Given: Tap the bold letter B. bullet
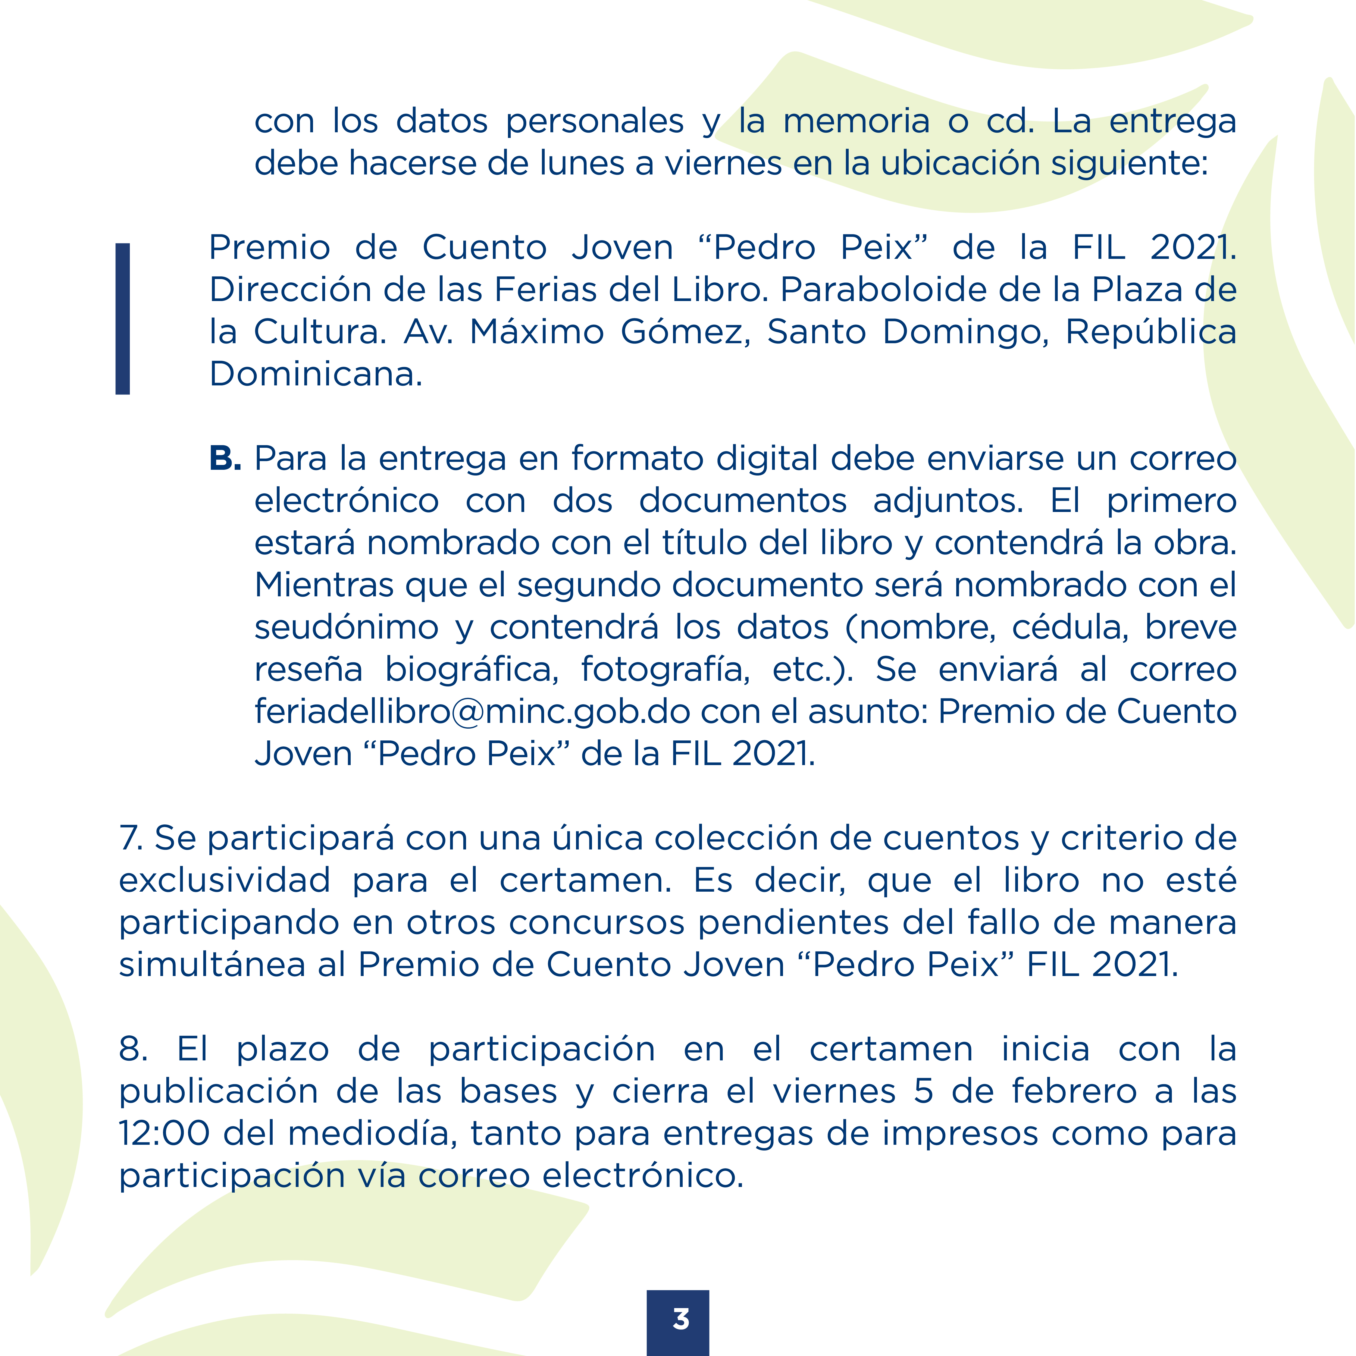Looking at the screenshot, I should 225,459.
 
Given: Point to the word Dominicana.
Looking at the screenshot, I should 316,374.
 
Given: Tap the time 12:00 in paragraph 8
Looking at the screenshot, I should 164,1134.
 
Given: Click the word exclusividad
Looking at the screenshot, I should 225,881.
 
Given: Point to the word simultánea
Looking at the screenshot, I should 212,965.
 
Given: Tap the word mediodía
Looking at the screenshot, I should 372,1134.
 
